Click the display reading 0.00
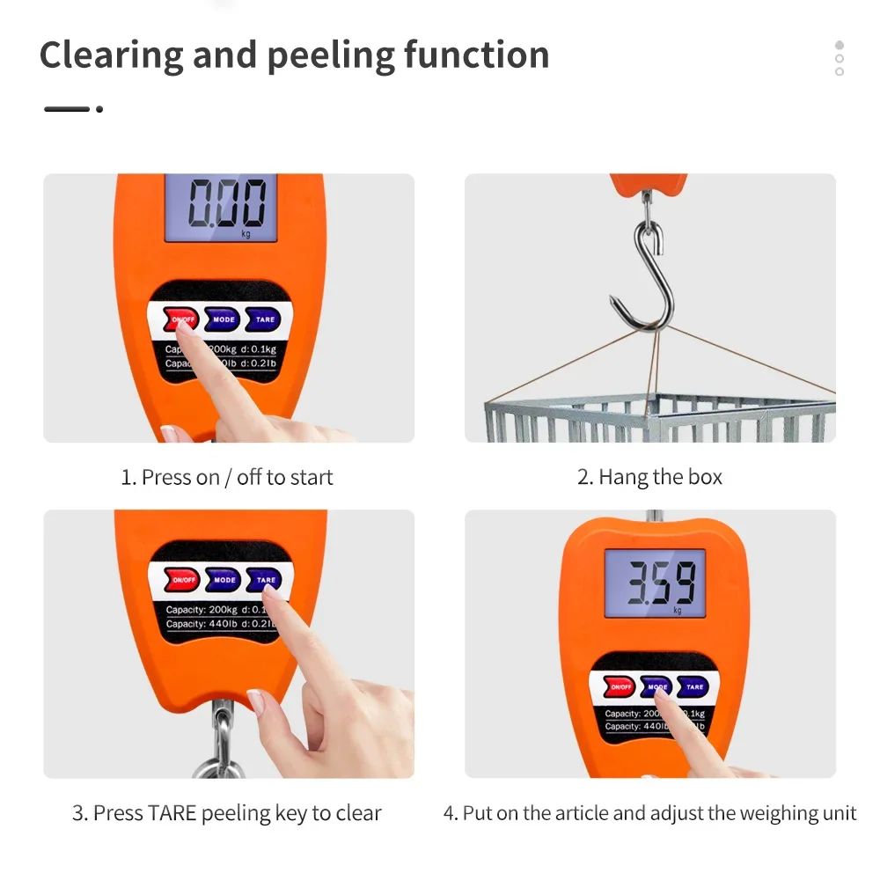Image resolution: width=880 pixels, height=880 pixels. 221,206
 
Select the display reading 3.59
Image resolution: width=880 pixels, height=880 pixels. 655,582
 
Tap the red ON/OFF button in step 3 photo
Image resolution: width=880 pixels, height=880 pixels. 184,580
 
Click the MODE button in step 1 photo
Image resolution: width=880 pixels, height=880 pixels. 224,319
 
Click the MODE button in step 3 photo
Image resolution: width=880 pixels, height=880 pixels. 224,580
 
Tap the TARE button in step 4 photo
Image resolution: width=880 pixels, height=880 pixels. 694,686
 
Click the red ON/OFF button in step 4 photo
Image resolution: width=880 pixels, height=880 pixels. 620,686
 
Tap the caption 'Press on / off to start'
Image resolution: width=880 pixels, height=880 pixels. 227,477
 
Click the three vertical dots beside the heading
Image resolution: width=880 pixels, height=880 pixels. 839,58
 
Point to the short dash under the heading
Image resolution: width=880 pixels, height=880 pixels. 68,108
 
